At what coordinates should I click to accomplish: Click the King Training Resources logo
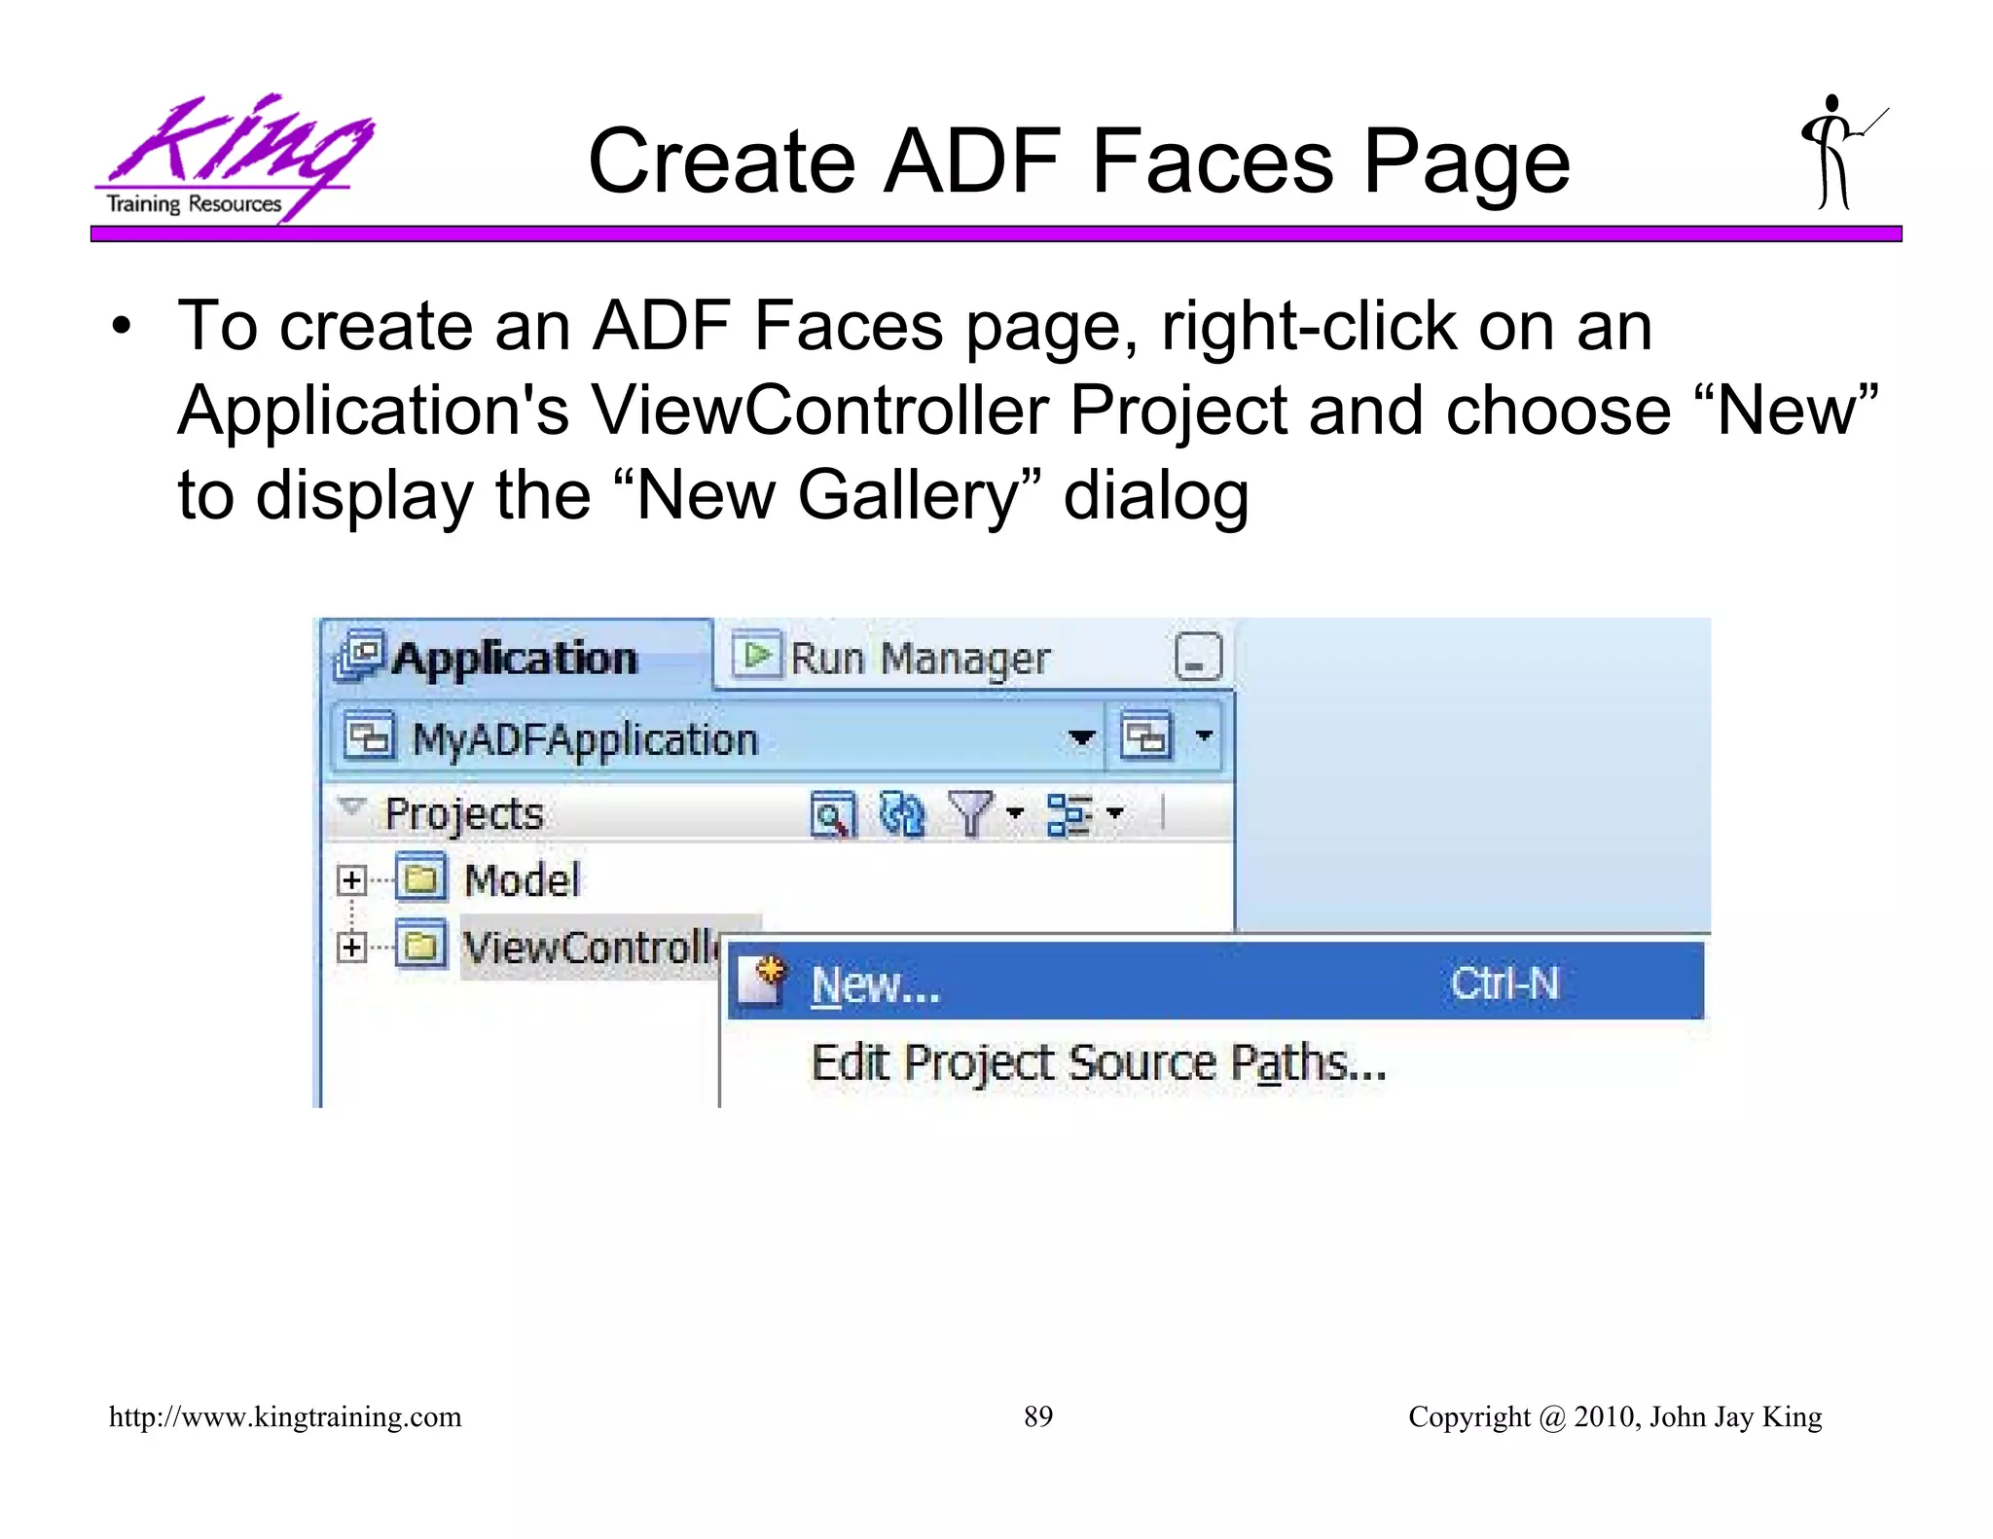click(x=234, y=158)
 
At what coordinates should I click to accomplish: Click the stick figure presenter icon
click(x=1838, y=154)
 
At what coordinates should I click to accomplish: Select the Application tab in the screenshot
click(x=515, y=659)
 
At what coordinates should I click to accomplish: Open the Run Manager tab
click(x=920, y=659)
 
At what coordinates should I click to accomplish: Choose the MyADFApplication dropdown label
click(x=584, y=739)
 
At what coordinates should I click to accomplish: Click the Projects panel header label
click(x=463, y=813)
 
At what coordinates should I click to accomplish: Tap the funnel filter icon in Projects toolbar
click(x=970, y=813)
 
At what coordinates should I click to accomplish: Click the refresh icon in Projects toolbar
click(x=901, y=813)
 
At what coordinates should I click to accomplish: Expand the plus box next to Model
click(x=351, y=880)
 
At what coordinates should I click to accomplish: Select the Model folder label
click(x=522, y=880)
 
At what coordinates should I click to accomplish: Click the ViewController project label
click(x=590, y=947)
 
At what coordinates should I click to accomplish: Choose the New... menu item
click(x=876, y=984)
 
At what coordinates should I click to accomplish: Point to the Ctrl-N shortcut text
click(x=1504, y=983)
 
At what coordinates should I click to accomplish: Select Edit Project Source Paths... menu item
click(x=1098, y=1062)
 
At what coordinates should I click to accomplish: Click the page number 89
click(x=1038, y=1416)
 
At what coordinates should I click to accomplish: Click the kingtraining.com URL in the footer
click(x=285, y=1416)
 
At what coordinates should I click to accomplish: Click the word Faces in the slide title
click(x=1212, y=161)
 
